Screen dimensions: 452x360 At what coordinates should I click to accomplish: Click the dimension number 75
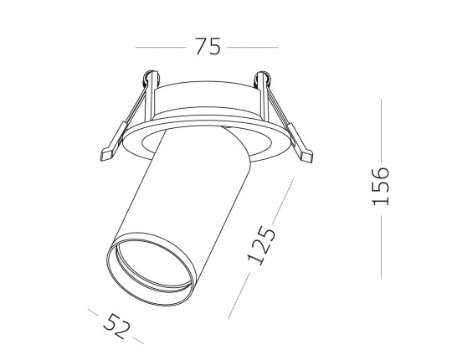208,46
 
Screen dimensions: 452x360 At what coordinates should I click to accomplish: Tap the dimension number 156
381,186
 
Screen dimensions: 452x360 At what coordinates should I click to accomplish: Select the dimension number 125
261,245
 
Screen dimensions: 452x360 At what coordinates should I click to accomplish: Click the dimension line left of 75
161,47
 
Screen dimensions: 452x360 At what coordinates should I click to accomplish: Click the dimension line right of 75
253,47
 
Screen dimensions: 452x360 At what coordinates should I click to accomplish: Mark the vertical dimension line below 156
381,247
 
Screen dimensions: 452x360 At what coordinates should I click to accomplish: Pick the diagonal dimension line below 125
239,296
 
